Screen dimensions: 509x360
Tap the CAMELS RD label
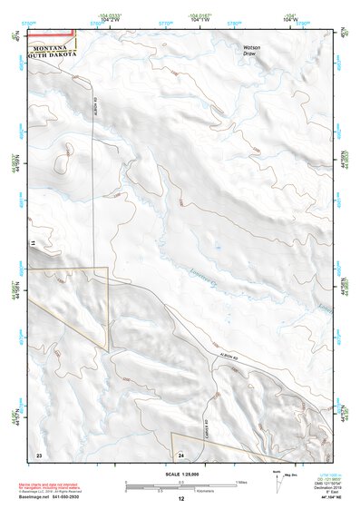coord(209,421)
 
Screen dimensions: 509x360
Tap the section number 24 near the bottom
coord(180,454)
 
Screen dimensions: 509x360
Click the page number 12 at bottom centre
coord(180,499)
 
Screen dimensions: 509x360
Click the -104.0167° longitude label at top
coord(199,15)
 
